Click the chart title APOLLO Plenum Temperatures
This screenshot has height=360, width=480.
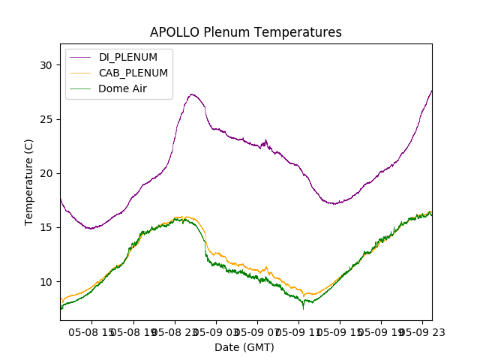coord(245,32)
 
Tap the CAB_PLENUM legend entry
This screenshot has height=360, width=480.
coord(133,73)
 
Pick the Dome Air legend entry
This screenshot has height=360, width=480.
coord(122,88)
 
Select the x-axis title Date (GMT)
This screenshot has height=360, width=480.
coord(244,347)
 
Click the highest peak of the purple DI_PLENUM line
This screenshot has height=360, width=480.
coord(192,94)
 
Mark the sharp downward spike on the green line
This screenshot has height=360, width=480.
coord(304,307)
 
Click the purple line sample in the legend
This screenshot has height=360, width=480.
coord(82,57)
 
